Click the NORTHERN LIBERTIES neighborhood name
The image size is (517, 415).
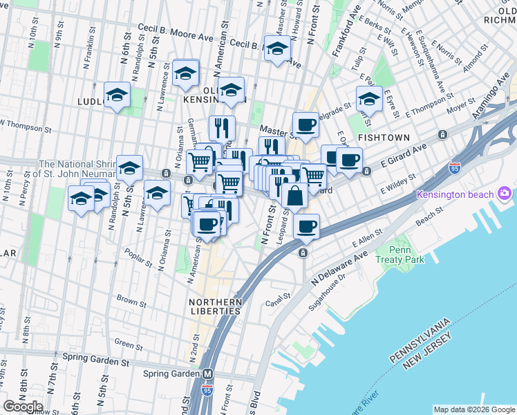(x=216, y=306)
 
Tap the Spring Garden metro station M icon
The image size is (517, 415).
(x=207, y=373)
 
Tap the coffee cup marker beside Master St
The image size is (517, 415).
(x=305, y=125)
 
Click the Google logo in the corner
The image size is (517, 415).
(x=23, y=406)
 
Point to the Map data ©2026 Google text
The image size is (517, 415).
(x=474, y=409)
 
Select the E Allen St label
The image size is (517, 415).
(x=367, y=239)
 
